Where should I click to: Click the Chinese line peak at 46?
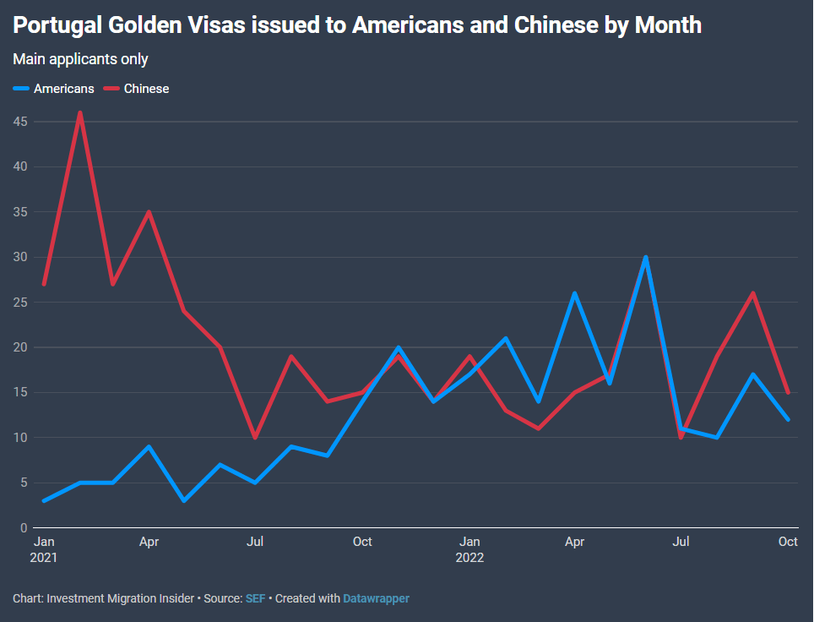pos(79,113)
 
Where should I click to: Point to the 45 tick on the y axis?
pos(21,122)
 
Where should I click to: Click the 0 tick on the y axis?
pos(24,528)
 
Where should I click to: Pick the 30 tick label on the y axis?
pos(21,257)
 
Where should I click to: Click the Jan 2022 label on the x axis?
pos(469,549)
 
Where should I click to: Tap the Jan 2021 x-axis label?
pos(43,549)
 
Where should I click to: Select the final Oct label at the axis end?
pos(788,542)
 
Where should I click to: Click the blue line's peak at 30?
pos(646,257)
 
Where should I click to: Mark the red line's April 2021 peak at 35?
pos(149,212)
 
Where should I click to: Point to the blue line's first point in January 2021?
pos(43,501)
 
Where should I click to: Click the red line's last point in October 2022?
pos(788,392)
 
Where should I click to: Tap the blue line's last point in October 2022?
pos(788,419)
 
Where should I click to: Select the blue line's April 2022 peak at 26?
pos(575,293)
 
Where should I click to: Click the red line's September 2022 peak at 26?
pos(752,293)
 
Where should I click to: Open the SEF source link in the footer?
pos(255,598)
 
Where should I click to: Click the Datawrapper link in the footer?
pos(376,598)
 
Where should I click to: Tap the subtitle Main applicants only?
pos(80,59)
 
